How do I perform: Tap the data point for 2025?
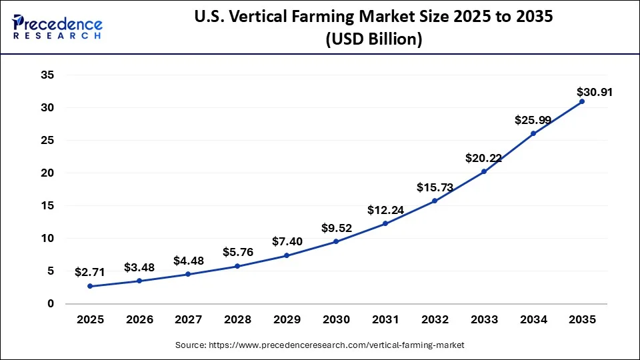click(90, 286)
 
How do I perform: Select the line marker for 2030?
click(336, 241)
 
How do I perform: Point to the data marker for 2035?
click(582, 101)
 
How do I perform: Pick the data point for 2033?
click(483, 171)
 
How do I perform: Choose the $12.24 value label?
click(385, 210)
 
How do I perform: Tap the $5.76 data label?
click(237, 253)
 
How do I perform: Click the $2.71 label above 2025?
click(90, 272)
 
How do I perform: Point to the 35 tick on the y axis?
click(47, 75)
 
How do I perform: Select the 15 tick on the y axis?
click(47, 206)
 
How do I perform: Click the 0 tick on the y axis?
click(50, 304)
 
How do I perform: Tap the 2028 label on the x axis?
click(237, 320)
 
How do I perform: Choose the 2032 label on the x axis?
click(434, 320)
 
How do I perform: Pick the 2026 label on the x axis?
click(139, 320)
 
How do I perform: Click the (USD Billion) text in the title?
click(373, 40)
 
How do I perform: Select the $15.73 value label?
click(434, 187)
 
